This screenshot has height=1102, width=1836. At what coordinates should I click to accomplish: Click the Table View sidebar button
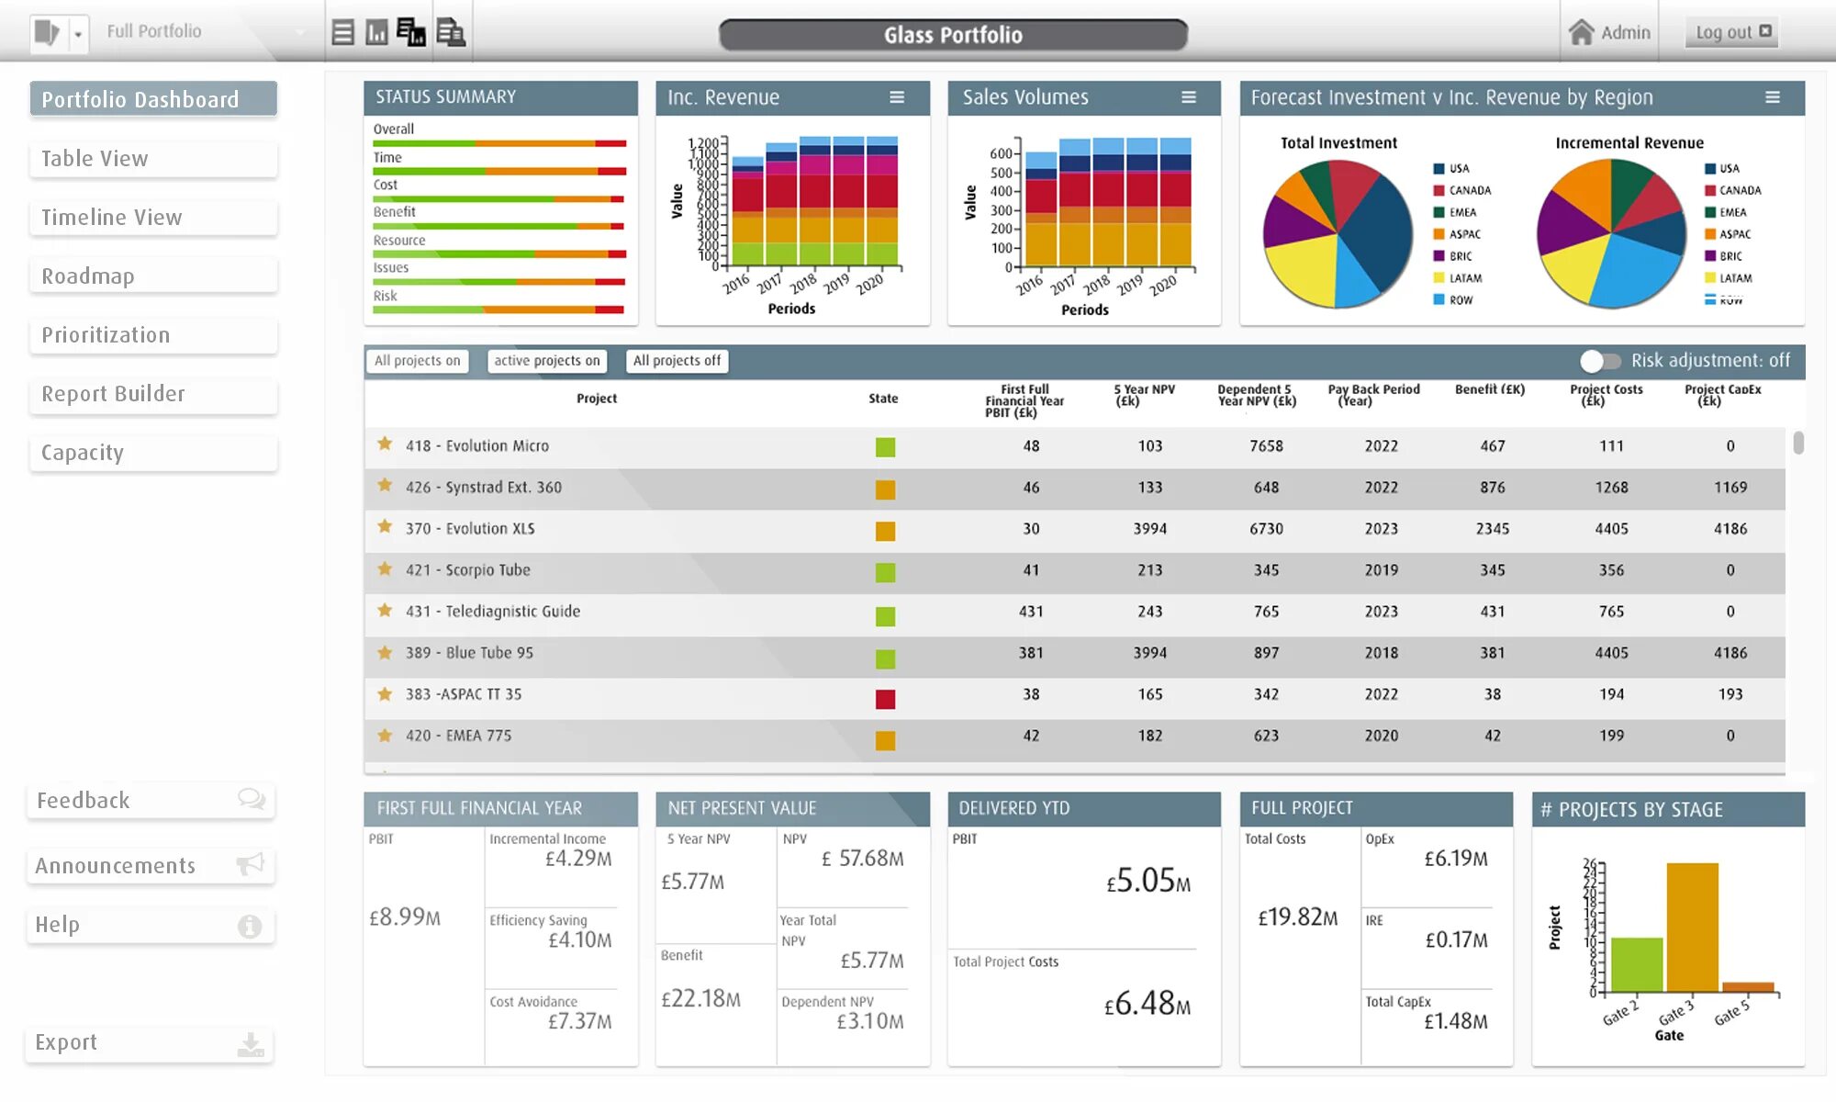(x=152, y=159)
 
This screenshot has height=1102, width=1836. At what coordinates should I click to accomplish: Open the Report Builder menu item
(x=152, y=394)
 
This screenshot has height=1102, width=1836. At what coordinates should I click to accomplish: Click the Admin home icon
(x=1581, y=32)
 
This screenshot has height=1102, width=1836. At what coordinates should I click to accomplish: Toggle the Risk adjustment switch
(x=1600, y=361)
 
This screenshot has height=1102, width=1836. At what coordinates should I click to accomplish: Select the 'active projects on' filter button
(x=546, y=361)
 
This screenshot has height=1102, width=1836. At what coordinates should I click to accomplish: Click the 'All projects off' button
(x=677, y=361)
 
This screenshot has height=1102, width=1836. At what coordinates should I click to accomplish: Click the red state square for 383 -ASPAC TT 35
(x=885, y=700)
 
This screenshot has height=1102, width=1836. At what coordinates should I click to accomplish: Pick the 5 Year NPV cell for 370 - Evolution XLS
(x=1149, y=529)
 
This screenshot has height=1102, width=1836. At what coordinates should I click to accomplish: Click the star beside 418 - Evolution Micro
(x=385, y=444)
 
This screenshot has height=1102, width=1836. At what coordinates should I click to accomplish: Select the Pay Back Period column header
(x=1373, y=395)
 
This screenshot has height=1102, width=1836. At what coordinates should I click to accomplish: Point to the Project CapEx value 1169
(x=1730, y=488)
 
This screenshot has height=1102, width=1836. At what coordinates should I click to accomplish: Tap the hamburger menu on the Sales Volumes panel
(x=1189, y=97)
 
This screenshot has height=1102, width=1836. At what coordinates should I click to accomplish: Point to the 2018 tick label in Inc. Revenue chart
(x=803, y=283)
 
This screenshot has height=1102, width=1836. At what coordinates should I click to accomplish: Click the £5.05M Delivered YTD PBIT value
(x=1147, y=882)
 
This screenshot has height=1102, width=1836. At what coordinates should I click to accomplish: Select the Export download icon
(x=251, y=1044)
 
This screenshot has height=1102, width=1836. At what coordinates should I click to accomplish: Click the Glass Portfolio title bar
(x=953, y=35)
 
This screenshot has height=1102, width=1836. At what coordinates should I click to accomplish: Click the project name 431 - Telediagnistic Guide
(x=492, y=612)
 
